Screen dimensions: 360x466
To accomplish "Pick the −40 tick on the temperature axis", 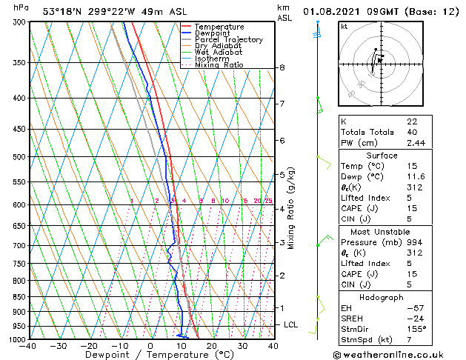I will tap(28, 346).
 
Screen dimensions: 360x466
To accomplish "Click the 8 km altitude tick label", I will tap(282, 67).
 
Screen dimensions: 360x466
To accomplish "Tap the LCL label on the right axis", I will tap(290, 324).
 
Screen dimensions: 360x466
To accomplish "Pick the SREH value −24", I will tap(415, 318).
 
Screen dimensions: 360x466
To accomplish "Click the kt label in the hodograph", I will tap(344, 26).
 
